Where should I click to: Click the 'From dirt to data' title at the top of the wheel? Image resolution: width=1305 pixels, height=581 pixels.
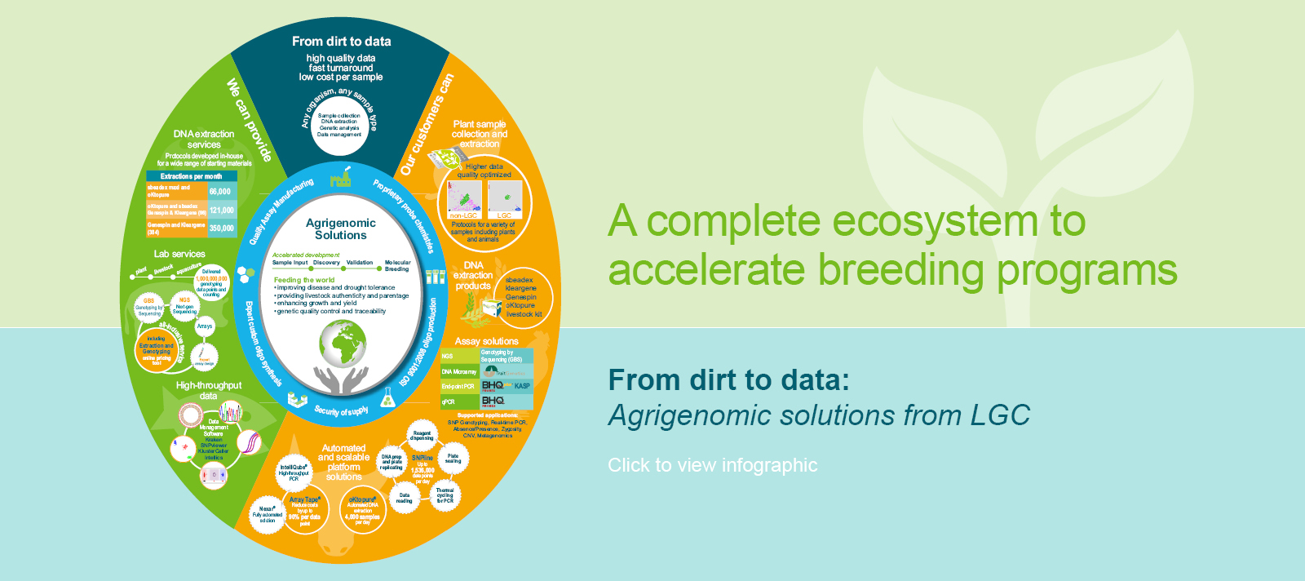[341, 41]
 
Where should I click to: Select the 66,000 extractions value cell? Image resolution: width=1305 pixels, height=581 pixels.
[220, 192]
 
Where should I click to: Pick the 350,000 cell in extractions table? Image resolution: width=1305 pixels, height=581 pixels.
[221, 228]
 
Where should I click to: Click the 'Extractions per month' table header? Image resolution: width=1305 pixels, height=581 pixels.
[191, 176]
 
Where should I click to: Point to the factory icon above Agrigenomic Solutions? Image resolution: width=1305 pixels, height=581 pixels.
[341, 178]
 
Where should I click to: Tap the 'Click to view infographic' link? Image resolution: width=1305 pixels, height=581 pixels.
[712, 465]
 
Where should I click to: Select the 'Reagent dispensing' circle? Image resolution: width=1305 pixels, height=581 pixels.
[422, 436]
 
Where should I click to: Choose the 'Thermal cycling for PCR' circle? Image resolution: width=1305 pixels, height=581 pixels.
[445, 495]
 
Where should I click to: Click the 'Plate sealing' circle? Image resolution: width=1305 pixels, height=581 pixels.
[453, 459]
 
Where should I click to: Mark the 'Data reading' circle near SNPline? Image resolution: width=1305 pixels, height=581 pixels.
[405, 498]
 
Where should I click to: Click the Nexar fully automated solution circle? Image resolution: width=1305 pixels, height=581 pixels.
[267, 514]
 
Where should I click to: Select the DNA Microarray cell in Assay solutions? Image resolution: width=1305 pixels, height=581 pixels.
[459, 371]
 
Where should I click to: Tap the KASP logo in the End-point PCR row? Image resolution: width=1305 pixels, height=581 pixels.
[522, 386]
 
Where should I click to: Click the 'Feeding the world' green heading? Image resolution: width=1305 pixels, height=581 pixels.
[304, 280]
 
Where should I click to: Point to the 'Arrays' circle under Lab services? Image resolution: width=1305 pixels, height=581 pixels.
[205, 326]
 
